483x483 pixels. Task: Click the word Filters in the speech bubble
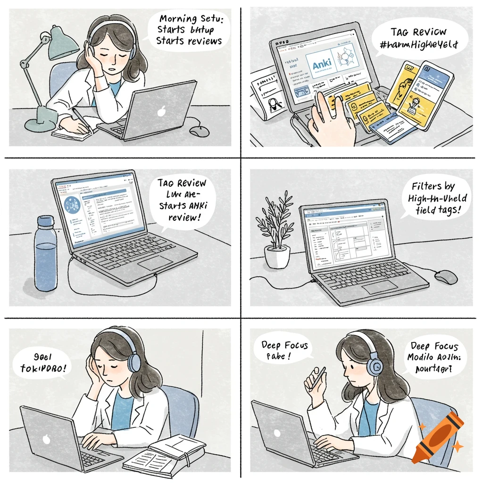426,186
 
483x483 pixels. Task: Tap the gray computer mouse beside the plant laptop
445,277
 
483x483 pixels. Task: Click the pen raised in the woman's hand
318,375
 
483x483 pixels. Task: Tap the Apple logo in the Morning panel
162,112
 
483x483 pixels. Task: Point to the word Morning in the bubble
178,20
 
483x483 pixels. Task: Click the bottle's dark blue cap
46,221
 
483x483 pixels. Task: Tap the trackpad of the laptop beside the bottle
155,263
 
